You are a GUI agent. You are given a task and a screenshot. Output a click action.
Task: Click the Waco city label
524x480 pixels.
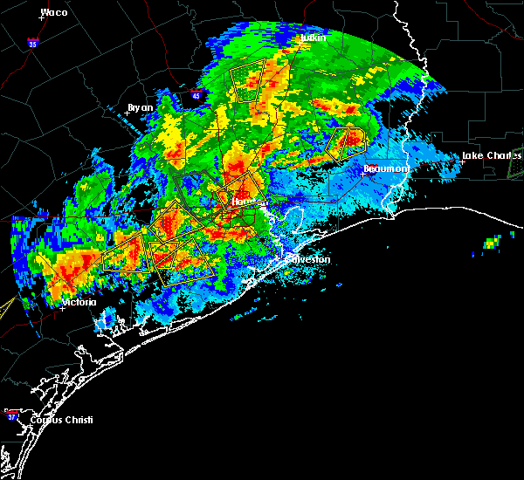click(54, 13)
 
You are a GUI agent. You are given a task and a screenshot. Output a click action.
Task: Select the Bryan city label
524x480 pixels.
click(140, 107)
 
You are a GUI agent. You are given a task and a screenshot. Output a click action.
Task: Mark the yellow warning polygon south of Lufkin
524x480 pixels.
click(250, 80)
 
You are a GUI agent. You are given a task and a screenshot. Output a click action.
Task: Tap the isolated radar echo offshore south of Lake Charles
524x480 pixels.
click(493, 242)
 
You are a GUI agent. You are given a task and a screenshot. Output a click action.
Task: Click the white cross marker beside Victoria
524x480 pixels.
click(62, 308)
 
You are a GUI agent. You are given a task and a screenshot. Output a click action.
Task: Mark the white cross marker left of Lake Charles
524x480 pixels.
click(462, 161)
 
